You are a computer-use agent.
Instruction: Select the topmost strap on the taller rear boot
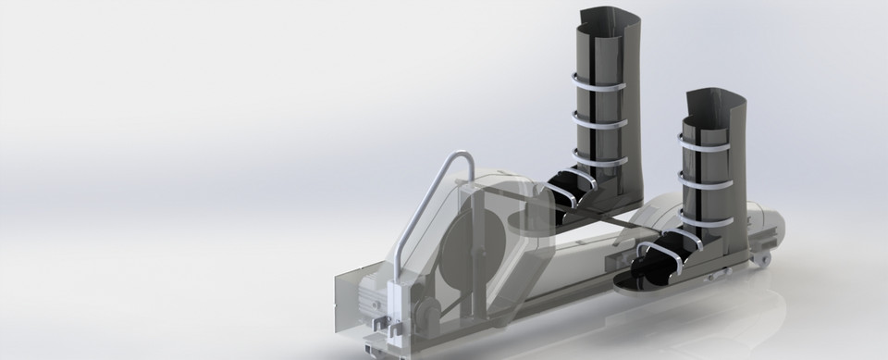click(x=601, y=81)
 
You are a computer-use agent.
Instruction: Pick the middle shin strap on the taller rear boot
click(x=601, y=118)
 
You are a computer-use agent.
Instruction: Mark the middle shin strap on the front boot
click(x=712, y=172)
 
